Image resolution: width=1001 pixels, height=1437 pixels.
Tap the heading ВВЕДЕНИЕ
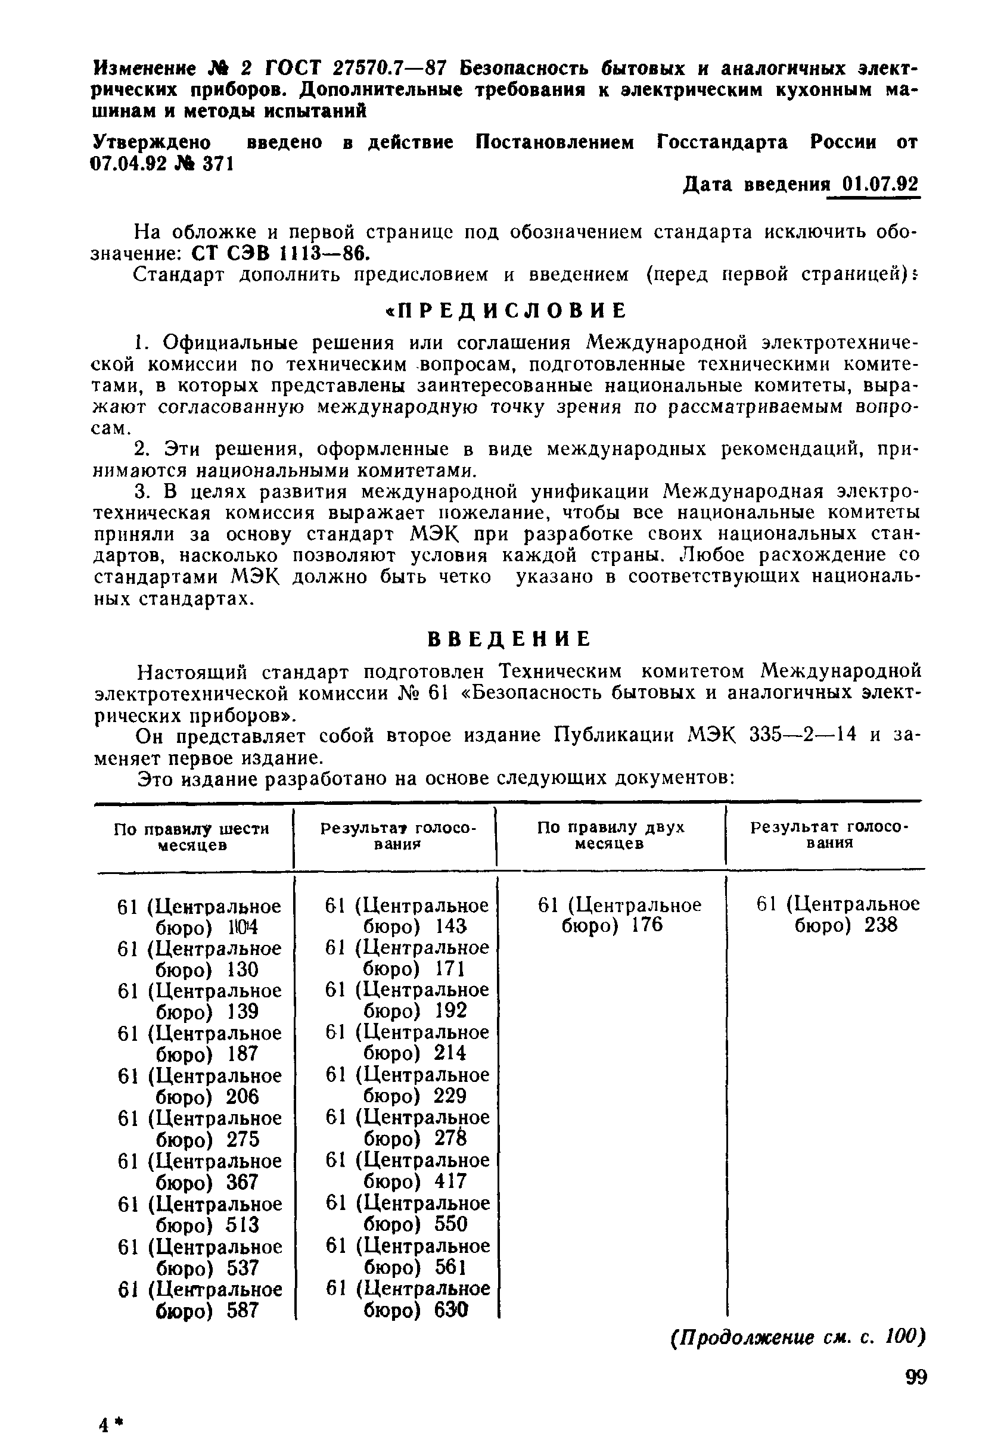[x=508, y=639]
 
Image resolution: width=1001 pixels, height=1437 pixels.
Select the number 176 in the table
[x=646, y=925]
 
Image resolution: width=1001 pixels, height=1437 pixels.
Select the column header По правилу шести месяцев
[x=192, y=836]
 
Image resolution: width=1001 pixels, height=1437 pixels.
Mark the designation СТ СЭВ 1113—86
[x=280, y=253]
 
